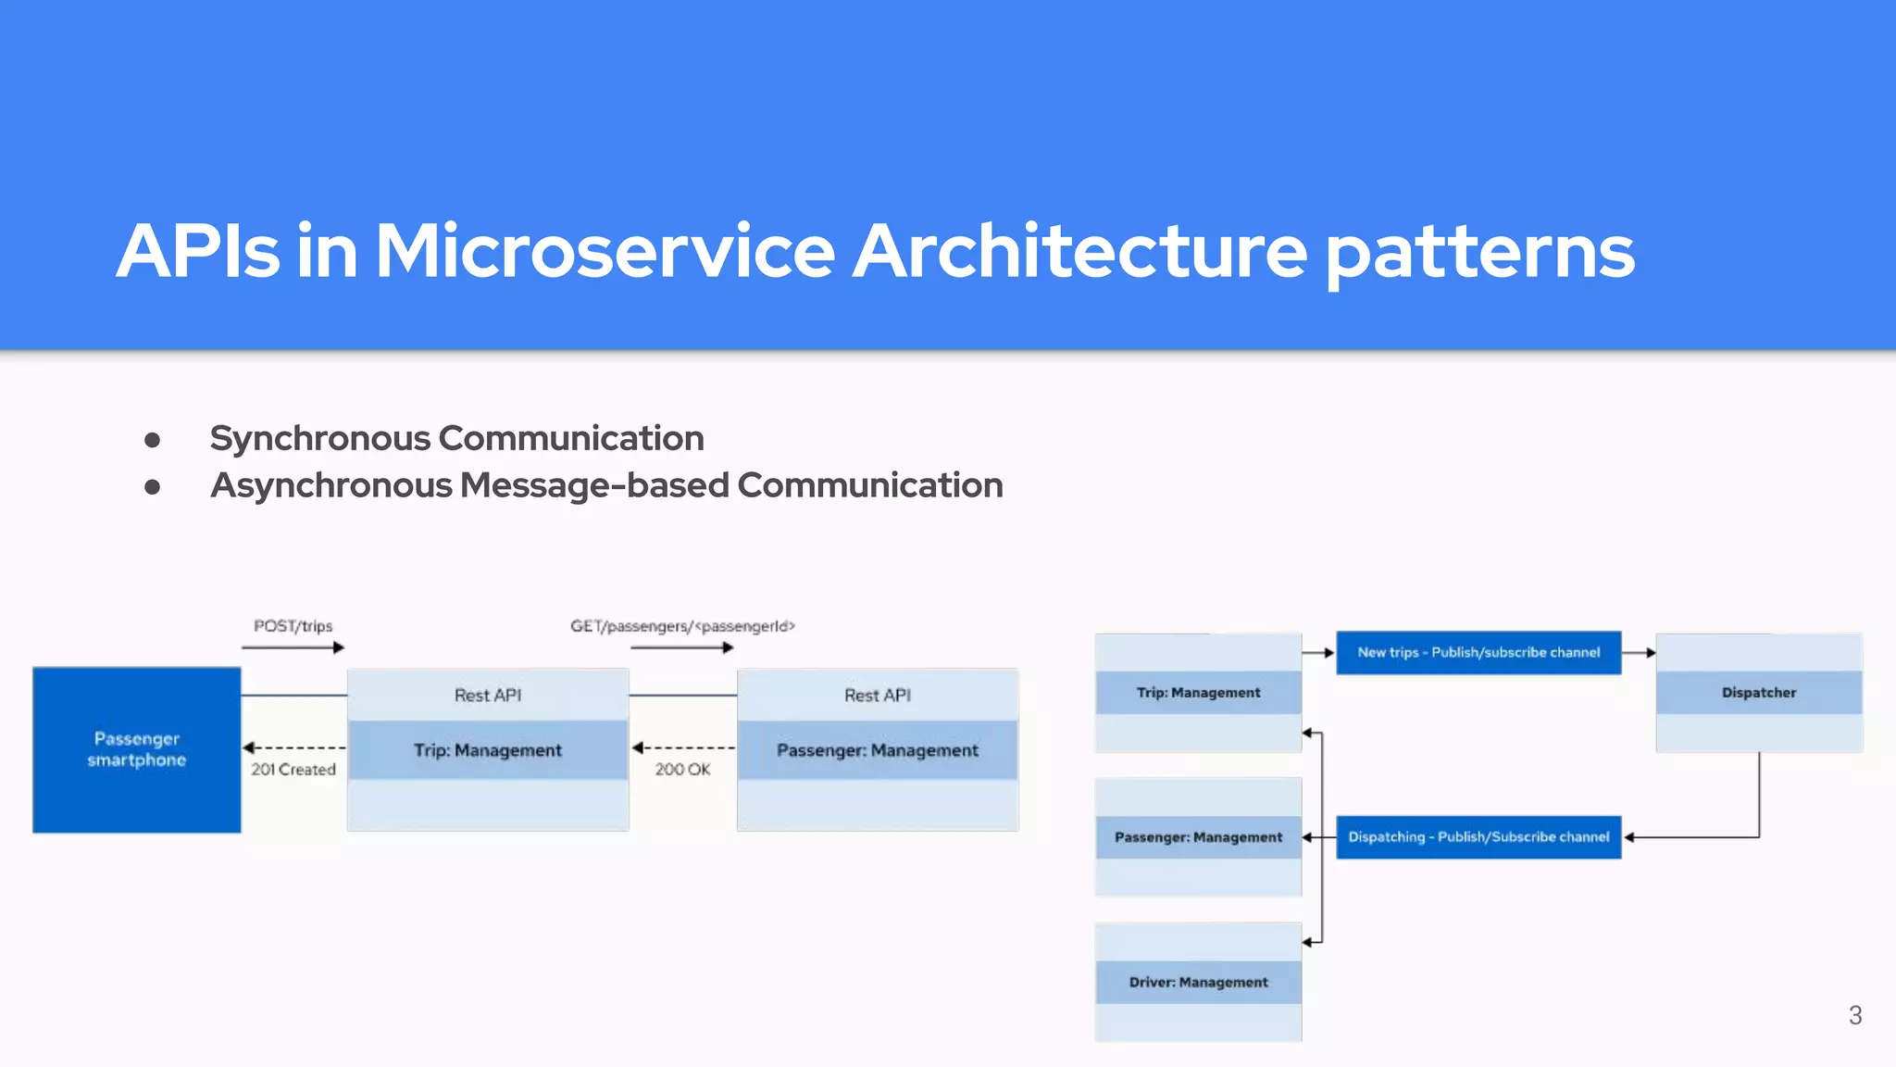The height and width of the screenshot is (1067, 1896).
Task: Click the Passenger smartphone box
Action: tap(137, 749)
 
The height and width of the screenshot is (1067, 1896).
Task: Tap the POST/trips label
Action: tap(293, 626)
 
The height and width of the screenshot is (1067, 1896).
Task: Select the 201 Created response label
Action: tap(293, 770)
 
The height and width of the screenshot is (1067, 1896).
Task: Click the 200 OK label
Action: tap(682, 770)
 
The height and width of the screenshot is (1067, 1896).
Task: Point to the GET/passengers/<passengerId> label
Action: tap(682, 626)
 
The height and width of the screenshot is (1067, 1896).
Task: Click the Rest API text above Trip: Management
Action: tap(488, 696)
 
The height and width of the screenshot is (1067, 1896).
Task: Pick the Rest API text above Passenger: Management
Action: tap(877, 696)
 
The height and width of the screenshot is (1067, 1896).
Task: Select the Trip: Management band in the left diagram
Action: tap(488, 750)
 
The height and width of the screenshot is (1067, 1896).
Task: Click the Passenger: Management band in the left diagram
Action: tap(877, 750)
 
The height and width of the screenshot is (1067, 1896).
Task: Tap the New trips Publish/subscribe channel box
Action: tap(1478, 653)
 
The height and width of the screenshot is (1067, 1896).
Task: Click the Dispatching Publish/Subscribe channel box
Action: tap(1478, 837)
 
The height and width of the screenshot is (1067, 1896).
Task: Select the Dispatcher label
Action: tap(1758, 693)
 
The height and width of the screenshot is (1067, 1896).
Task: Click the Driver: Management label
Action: tap(1198, 983)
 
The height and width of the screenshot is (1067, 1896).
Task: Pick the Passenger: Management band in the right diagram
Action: tap(1198, 837)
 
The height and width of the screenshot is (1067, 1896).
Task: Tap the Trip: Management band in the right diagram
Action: tap(1198, 693)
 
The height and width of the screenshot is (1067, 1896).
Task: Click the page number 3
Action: tap(1854, 1016)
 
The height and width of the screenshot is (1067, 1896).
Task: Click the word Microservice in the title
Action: tap(605, 251)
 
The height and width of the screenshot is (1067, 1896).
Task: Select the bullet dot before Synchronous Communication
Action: tap(153, 440)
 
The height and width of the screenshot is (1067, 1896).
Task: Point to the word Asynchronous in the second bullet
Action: tap(331, 485)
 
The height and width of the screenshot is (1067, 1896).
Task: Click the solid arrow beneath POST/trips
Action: tap(293, 647)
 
